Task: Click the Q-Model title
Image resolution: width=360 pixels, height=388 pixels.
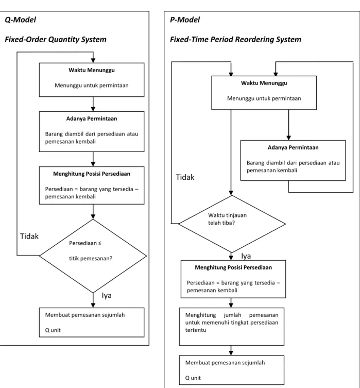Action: coord(20,20)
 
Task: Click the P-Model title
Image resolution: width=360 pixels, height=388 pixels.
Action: coord(185,20)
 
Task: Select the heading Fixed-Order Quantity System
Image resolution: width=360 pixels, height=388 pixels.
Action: coord(56,39)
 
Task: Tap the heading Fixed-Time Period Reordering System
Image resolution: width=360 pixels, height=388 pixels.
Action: coord(235,39)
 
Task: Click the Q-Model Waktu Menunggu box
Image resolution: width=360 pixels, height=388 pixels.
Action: coord(92,80)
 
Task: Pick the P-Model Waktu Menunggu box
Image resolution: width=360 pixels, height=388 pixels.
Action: coord(264,93)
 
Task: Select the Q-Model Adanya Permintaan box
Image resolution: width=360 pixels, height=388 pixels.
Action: coord(92,131)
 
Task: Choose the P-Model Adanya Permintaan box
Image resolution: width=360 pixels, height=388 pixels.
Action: coord(293,161)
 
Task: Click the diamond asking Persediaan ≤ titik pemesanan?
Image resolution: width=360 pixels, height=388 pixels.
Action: coord(93,256)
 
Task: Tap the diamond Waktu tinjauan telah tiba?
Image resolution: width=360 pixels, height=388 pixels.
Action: coord(232,224)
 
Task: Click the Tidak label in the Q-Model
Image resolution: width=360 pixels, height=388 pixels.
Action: coord(29,237)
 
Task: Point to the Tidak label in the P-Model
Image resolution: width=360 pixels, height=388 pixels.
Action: coord(185,177)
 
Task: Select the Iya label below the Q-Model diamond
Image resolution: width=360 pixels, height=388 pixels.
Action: coord(107,295)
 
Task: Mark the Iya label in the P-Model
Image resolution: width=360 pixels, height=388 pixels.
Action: coord(246,256)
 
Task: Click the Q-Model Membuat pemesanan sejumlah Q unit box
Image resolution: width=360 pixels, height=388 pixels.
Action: coord(92,323)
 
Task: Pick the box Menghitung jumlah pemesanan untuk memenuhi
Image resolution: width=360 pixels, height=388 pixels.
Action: coord(232,327)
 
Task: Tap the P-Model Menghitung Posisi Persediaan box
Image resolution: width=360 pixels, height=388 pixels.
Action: coord(233,279)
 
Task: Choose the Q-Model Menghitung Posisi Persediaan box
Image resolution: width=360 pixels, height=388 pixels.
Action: coord(92,185)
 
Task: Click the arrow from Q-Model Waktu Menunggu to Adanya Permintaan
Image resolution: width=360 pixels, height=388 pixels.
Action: coord(93,104)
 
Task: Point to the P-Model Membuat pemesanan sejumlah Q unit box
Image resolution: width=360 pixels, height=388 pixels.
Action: coord(232,370)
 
